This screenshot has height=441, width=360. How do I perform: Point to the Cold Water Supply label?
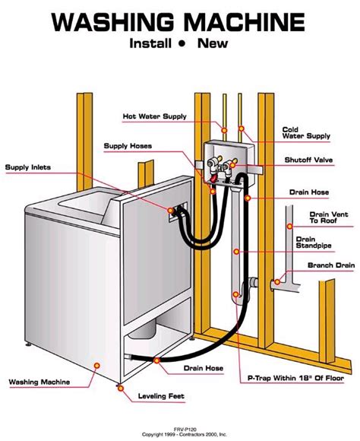[x=306, y=133]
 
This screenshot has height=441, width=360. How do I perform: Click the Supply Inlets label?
[x=30, y=167]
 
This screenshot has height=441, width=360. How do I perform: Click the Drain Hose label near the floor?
[x=204, y=369]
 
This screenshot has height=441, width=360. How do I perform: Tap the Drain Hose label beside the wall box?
[x=308, y=193]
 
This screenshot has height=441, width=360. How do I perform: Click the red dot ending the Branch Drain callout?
[x=277, y=282]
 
